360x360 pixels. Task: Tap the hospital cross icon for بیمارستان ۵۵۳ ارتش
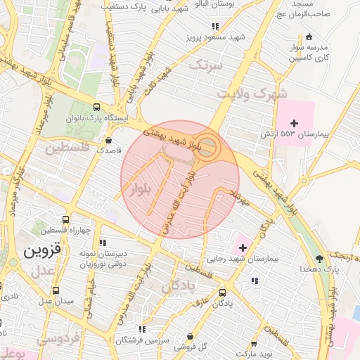click(304, 123)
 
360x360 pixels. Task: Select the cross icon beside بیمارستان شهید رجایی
click(243, 247)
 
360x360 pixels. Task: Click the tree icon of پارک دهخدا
click(320, 258)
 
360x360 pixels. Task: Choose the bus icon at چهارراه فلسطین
click(66, 219)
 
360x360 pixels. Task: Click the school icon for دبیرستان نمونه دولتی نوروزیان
click(103, 243)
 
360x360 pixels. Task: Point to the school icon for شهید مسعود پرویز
click(215, 27)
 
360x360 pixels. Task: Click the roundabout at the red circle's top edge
click(206, 146)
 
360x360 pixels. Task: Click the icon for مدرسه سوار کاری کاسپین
click(309, 36)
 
